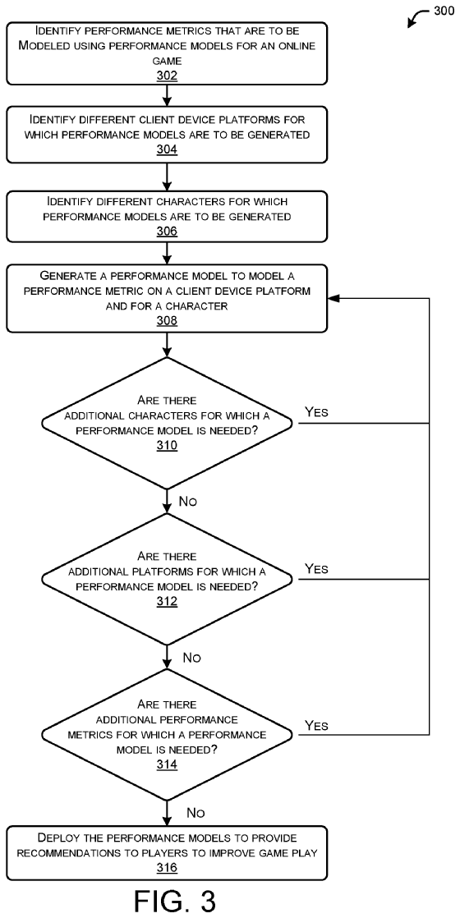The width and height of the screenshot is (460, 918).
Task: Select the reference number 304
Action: tap(167, 150)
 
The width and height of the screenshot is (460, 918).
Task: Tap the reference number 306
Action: tap(167, 232)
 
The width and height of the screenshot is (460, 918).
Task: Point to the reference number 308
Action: tap(167, 321)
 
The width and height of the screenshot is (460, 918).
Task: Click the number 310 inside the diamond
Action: tap(167, 446)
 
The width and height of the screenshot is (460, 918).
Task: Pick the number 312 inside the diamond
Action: tap(167, 602)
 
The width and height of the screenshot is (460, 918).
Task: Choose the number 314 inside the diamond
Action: tap(167, 764)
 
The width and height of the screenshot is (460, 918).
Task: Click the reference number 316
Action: tap(167, 868)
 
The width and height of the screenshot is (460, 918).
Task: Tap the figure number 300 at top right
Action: tap(444, 11)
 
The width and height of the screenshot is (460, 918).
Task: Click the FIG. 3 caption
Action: tap(167, 901)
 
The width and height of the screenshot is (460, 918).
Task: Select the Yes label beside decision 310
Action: tap(316, 411)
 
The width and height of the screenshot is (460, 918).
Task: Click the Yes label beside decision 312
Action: tap(316, 568)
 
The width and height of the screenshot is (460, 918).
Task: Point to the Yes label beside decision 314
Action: tap(316, 725)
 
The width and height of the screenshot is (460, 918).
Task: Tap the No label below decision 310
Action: tap(187, 501)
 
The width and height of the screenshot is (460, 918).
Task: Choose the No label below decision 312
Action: tap(191, 658)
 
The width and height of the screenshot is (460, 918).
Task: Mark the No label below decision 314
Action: tap(195, 813)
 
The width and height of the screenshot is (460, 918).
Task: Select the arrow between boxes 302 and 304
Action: tap(168, 95)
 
